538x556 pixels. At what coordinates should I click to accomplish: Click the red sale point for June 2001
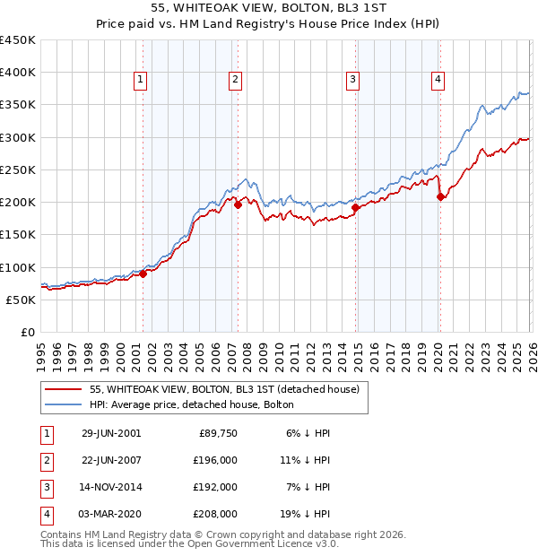point(143,274)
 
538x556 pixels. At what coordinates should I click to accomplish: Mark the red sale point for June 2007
point(238,205)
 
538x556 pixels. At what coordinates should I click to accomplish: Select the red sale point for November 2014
point(355,208)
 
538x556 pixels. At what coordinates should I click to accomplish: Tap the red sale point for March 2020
point(440,197)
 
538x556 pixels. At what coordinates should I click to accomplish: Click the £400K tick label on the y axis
point(18,73)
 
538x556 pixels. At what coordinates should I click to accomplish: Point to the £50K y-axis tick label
point(22,300)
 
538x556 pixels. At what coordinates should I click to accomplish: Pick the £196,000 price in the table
point(216,460)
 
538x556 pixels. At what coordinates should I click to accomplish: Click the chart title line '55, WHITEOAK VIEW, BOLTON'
point(268,8)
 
